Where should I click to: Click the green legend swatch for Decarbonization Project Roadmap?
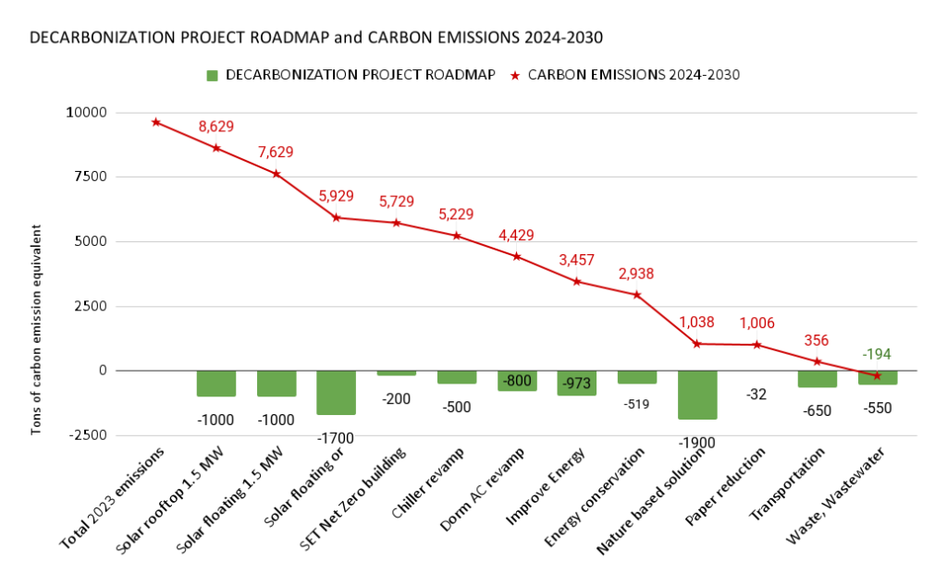pyautogui.click(x=211, y=75)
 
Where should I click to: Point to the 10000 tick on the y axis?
pyautogui.click(x=86, y=113)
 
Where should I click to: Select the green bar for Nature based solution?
pyautogui.click(x=697, y=395)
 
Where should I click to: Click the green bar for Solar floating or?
pyautogui.click(x=337, y=392)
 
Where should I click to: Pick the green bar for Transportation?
pyautogui.click(x=818, y=379)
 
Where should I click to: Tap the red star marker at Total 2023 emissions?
pyautogui.click(x=156, y=122)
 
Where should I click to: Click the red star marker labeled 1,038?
pyautogui.click(x=697, y=344)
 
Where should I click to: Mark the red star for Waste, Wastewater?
pyautogui.click(x=878, y=375)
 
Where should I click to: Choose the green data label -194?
pyautogui.click(x=878, y=354)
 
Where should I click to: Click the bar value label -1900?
pyautogui.click(x=697, y=442)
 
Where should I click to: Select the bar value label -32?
pyautogui.click(x=757, y=395)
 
